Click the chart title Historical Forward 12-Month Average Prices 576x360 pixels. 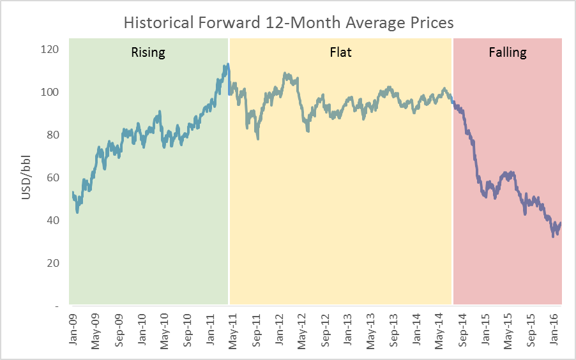[288, 22]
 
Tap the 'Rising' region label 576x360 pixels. [148, 52]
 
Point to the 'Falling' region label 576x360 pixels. [508, 52]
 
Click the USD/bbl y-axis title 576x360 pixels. [27, 177]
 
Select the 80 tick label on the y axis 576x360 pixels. [54, 135]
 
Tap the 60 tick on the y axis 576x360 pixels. [54, 178]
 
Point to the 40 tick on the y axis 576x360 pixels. [54, 220]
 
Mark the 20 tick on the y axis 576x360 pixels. [54, 263]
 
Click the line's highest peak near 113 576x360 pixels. [227, 64]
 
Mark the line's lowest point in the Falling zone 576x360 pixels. [553, 236]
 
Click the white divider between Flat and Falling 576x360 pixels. [453, 172]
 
